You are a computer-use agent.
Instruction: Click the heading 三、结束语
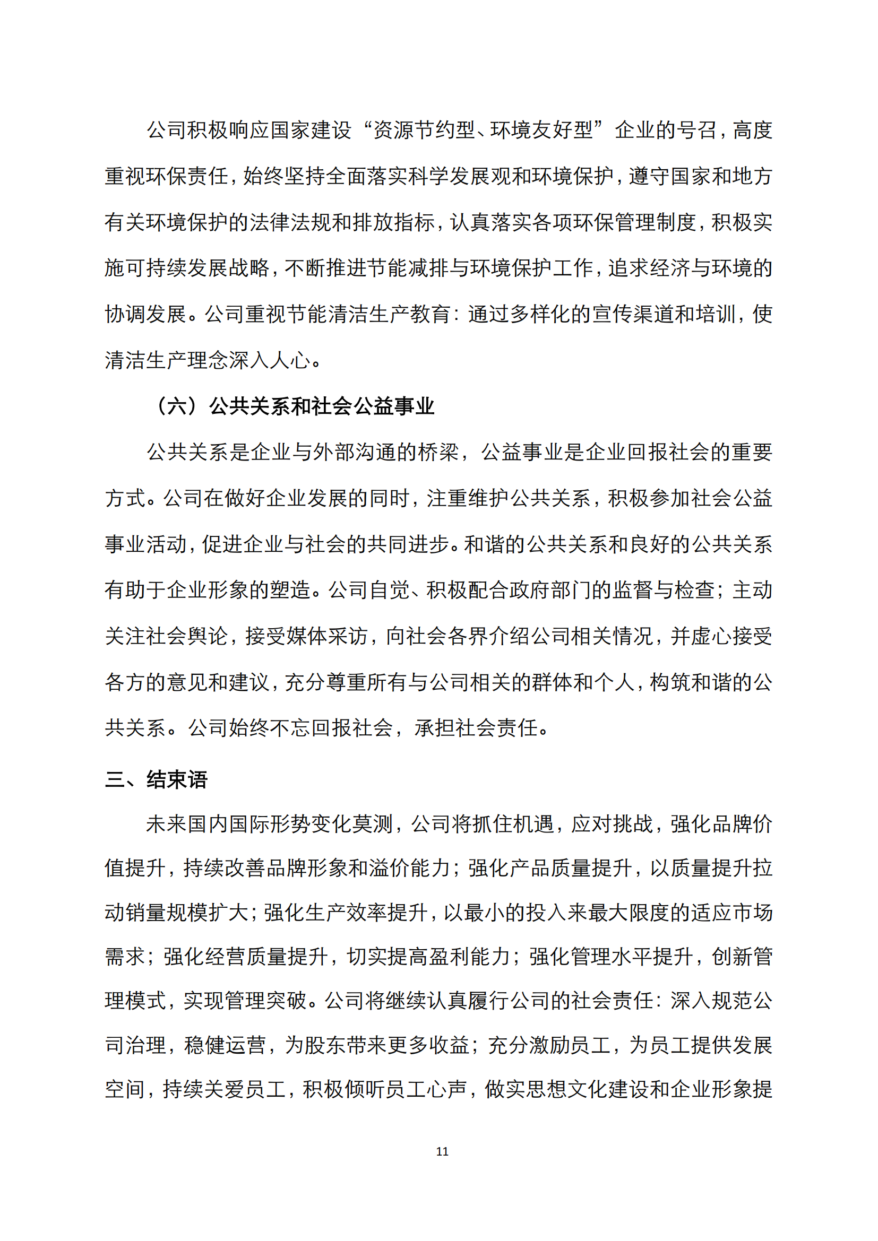pos(156,779)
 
